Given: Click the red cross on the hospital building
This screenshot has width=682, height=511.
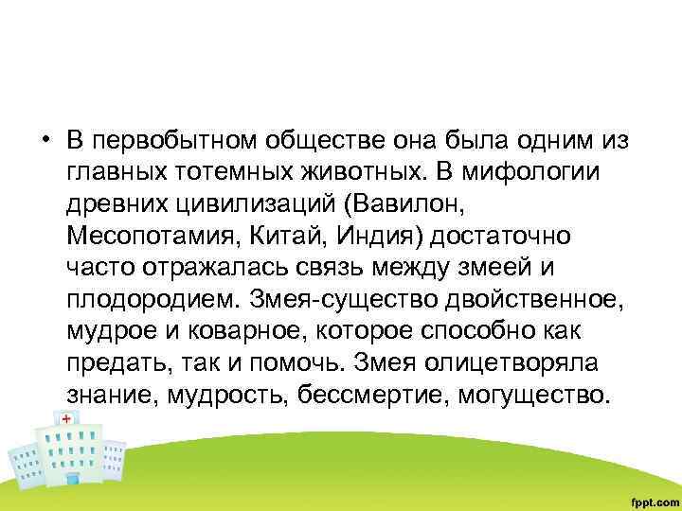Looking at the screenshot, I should [66, 417].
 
